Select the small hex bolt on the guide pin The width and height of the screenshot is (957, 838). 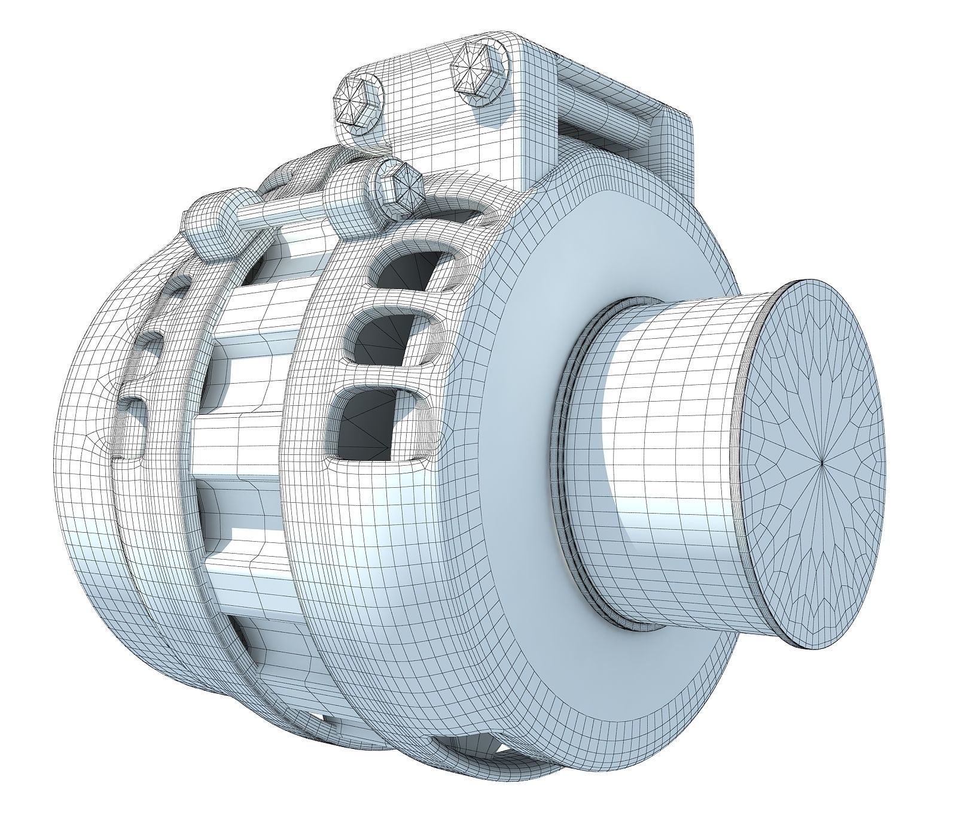(x=401, y=186)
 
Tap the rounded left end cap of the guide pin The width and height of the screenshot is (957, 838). (x=206, y=224)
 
